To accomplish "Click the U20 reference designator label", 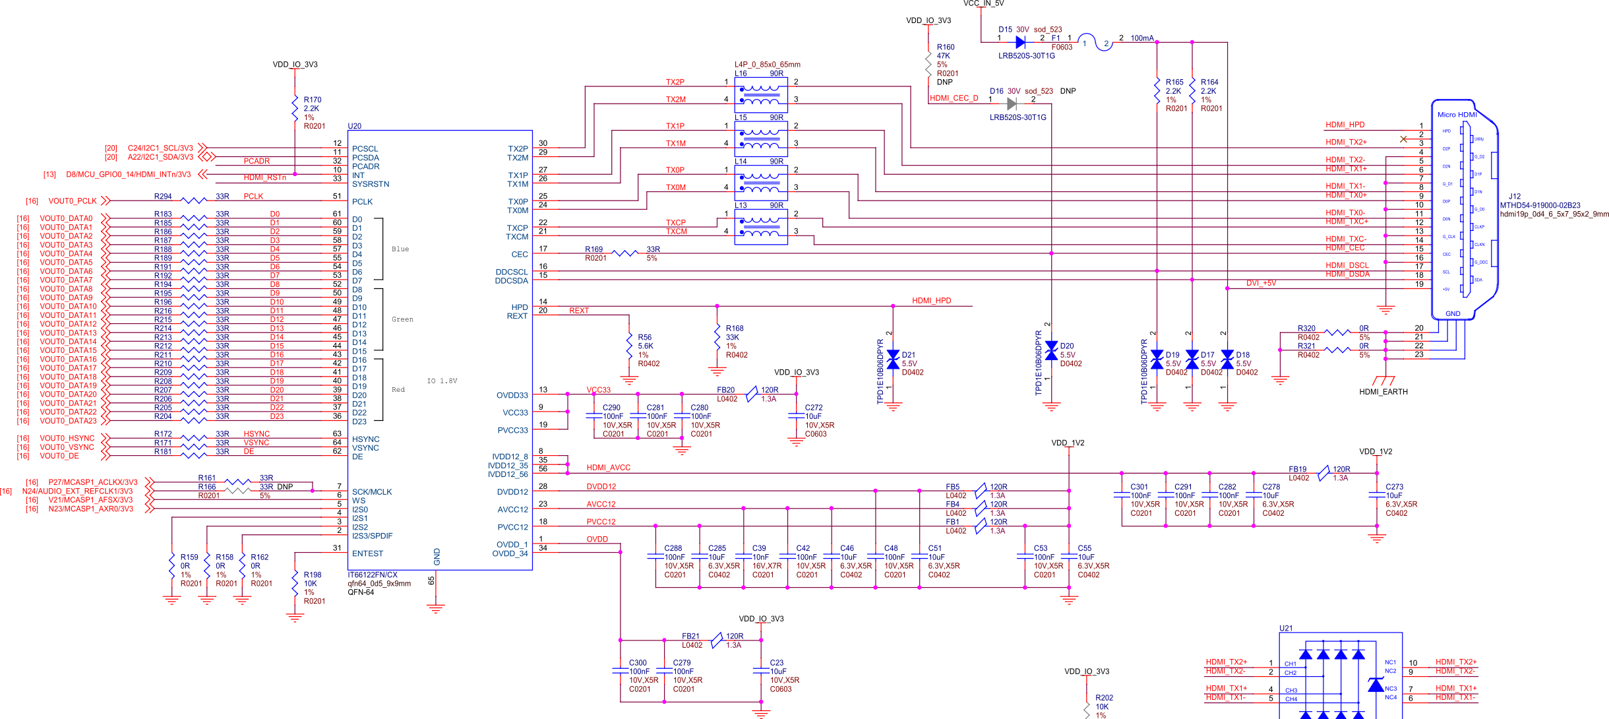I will click(x=355, y=126).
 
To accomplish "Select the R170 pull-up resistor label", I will click(x=312, y=100).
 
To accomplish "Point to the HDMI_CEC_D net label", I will click(x=954, y=98).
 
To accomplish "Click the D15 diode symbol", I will click(x=1021, y=42).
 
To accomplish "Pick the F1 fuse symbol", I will click(x=1095, y=43).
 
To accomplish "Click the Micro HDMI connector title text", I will click(x=1457, y=115).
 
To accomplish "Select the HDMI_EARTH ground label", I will click(x=1383, y=392).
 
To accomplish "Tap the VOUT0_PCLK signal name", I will click(x=73, y=201).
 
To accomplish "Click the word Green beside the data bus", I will click(x=402, y=319).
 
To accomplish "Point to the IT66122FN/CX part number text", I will click(x=373, y=575).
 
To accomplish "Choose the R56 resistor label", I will click(x=644, y=337).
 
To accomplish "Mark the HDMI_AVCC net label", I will click(x=608, y=468).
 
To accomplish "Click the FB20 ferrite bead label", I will click(x=725, y=390).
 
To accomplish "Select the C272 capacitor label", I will click(x=814, y=408).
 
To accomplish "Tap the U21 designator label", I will click(x=1286, y=628).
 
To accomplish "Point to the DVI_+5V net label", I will click(x=1261, y=283).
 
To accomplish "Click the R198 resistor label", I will click(x=312, y=575).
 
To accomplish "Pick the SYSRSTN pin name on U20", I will click(x=370, y=184).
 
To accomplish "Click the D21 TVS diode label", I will click(x=908, y=355).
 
